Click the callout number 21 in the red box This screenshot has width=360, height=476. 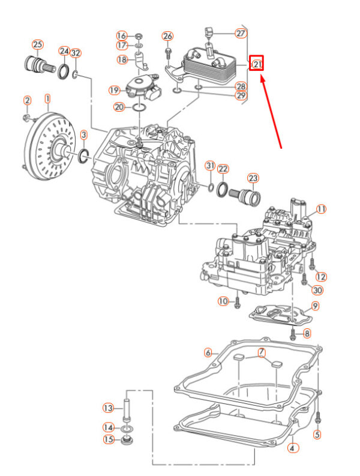[257, 62]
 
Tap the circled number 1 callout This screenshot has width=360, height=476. [47, 97]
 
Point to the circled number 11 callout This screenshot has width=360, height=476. [321, 209]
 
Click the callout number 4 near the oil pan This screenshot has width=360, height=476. [292, 447]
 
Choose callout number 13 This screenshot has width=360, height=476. [108, 408]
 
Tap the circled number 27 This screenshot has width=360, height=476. [241, 34]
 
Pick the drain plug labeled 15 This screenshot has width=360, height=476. [127, 443]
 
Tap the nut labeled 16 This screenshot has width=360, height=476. [138, 35]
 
